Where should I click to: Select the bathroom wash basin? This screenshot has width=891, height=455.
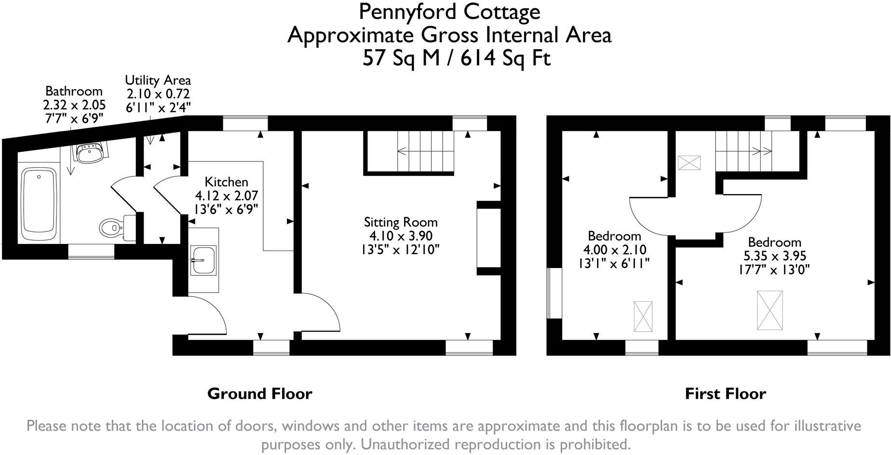[x=89, y=153]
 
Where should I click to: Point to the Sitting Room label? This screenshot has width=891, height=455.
[x=401, y=222]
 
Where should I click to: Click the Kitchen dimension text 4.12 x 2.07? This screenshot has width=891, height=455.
[x=226, y=196]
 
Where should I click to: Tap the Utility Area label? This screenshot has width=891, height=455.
[x=158, y=80]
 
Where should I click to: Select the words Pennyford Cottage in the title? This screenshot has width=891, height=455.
[x=449, y=12]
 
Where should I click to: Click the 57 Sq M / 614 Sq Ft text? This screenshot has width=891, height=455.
[x=456, y=59]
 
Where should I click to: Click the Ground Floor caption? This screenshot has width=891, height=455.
[x=259, y=394]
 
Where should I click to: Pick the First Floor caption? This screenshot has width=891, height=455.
[x=725, y=394]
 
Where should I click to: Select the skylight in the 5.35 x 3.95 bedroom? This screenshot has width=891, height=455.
[x=769, y=310]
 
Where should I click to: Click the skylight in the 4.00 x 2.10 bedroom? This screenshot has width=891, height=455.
[x=643, y=316]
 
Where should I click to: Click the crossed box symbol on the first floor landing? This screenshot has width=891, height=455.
[x=689, y=162]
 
